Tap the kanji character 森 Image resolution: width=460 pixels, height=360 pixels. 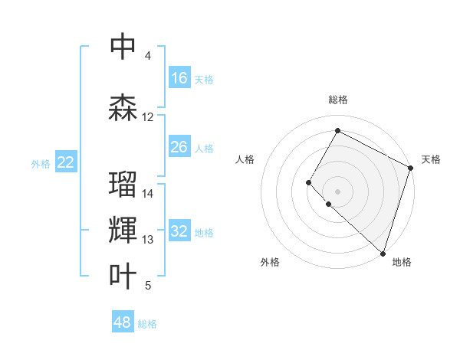click(123, 107)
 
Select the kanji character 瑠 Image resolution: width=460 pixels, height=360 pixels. click(123, 185)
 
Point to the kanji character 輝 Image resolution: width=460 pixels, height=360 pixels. click(123, 230)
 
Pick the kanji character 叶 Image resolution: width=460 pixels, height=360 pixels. click(123, 277)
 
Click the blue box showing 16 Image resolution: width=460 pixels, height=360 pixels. click(179, 78)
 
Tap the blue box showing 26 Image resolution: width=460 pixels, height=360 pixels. click(179, 148)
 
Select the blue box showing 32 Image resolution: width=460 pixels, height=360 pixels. click(179, 232)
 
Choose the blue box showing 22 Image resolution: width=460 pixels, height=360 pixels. click(66, 162)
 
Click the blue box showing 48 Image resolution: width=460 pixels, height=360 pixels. click(123, 322)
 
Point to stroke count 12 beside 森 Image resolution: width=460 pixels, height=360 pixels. click(148, 117)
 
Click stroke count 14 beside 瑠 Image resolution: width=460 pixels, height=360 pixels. click(148, 194)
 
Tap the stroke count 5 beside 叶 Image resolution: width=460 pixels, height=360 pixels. click(148, 286)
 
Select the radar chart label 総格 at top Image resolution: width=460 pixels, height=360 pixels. click(337, 100)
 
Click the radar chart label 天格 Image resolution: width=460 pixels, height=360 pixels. click(431, 159)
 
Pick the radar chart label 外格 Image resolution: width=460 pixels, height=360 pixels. click(270, 262)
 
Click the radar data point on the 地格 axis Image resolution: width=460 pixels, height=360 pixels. click(383, 254)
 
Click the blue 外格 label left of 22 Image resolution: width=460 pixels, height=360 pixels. click(41, 163)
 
